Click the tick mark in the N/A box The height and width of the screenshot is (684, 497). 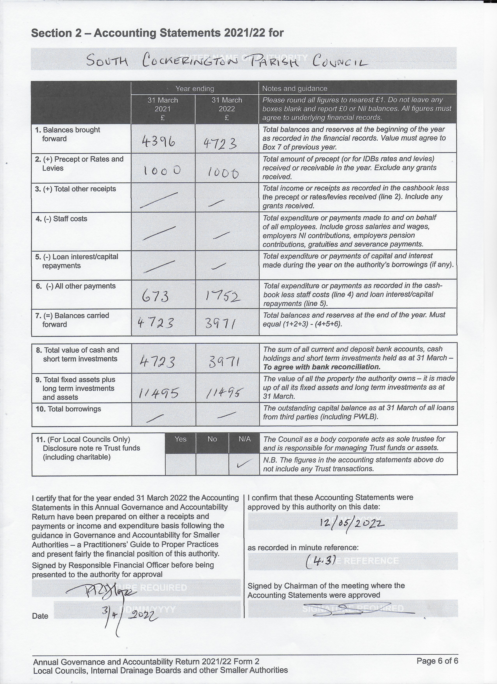tap(244, 464)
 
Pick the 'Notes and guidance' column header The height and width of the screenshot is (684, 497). tap(294, 88)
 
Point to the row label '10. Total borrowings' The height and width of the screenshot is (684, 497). tap(68, 409)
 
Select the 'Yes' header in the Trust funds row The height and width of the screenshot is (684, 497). tap(180, 439)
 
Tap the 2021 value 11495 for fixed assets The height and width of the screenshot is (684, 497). tap(159, 393)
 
